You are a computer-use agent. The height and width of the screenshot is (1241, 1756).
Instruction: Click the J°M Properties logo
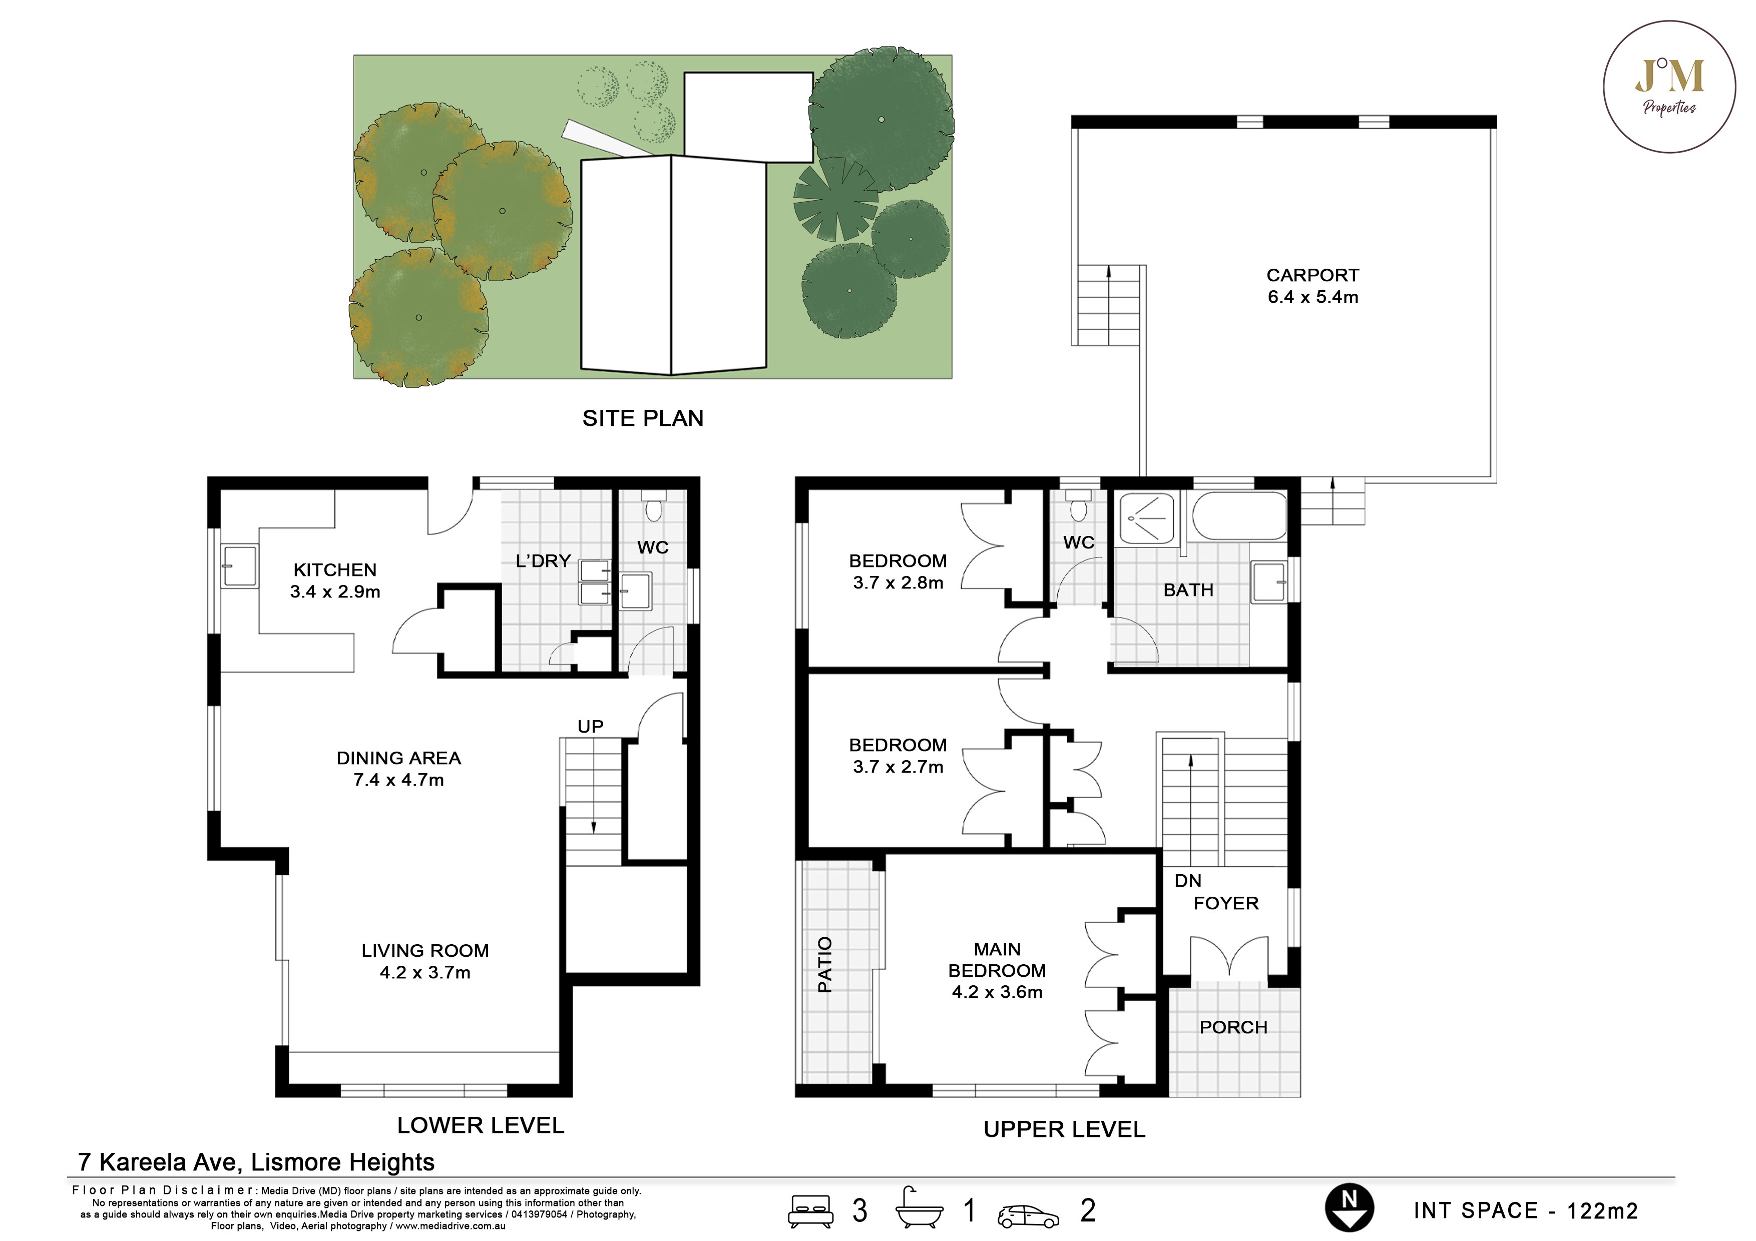point(1669,87)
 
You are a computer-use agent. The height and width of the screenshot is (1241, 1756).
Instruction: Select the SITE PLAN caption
point(642,418)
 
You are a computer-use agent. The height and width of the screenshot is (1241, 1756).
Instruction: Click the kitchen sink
point(239,566)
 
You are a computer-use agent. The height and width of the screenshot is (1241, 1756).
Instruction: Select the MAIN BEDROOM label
point(997,970)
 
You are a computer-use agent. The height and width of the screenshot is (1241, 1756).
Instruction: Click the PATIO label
point(824,964)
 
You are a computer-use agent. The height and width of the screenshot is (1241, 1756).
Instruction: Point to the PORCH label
point(1233,1027)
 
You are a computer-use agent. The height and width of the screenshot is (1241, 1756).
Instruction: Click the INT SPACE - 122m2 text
point(1526,1210)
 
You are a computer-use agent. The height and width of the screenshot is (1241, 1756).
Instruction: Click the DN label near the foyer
point(1188,881)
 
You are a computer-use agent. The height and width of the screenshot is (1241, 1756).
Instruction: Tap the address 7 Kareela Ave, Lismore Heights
point(256,1162)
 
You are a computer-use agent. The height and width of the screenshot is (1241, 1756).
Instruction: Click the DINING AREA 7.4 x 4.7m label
point(398,769)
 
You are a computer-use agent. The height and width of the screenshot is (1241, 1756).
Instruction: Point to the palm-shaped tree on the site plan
point(834,199)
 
